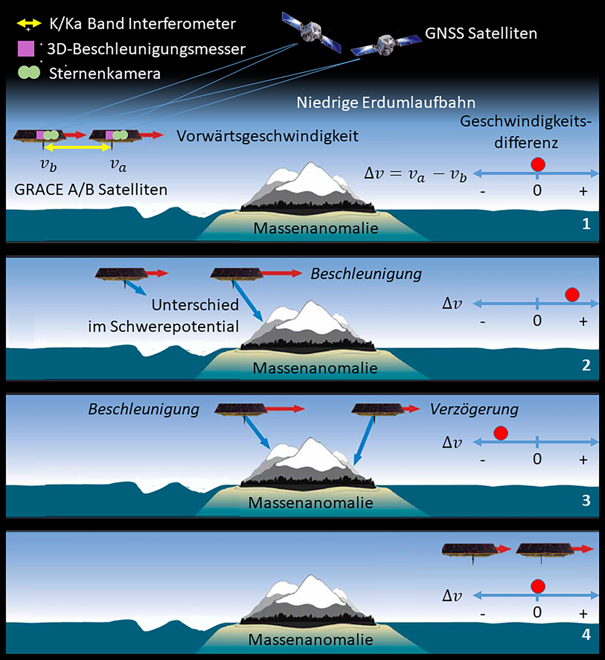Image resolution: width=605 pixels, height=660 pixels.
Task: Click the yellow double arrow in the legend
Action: (x=29, y=23)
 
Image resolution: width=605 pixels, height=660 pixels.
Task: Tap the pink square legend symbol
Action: (x=26, y=49)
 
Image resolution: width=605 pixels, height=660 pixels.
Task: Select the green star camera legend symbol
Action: (x=29, y=73)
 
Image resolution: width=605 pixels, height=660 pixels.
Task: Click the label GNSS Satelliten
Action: (x=481, y=33)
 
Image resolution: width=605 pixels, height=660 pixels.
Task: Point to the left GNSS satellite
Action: (x=311, y=31)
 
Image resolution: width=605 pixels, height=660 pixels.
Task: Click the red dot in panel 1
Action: (x=538, y=164)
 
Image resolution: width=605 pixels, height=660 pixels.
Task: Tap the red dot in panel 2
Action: (x=572, y=295)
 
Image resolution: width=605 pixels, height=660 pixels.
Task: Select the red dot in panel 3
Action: (x=500, y=433)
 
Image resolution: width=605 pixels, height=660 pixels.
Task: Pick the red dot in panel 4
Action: (x=538, y=586)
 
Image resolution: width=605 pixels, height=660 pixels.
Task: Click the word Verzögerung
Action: (x=474, y=409)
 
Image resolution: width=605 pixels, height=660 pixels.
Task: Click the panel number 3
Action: (x=586, y=500)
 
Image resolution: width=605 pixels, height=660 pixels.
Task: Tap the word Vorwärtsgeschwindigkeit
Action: (x=267, y=136)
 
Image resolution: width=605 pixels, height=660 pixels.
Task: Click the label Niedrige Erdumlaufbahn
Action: (x=386, y=102)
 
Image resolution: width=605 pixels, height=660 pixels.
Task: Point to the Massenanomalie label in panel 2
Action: (x=315, y=368)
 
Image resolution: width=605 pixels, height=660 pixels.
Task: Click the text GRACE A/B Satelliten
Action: (x=91, y=190)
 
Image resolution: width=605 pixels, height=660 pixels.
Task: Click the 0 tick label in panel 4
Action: (x=537, y=613)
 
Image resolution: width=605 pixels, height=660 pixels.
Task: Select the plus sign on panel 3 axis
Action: (x=583, y=460)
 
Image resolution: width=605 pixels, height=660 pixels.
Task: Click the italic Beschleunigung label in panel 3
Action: (x=143, y=409)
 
